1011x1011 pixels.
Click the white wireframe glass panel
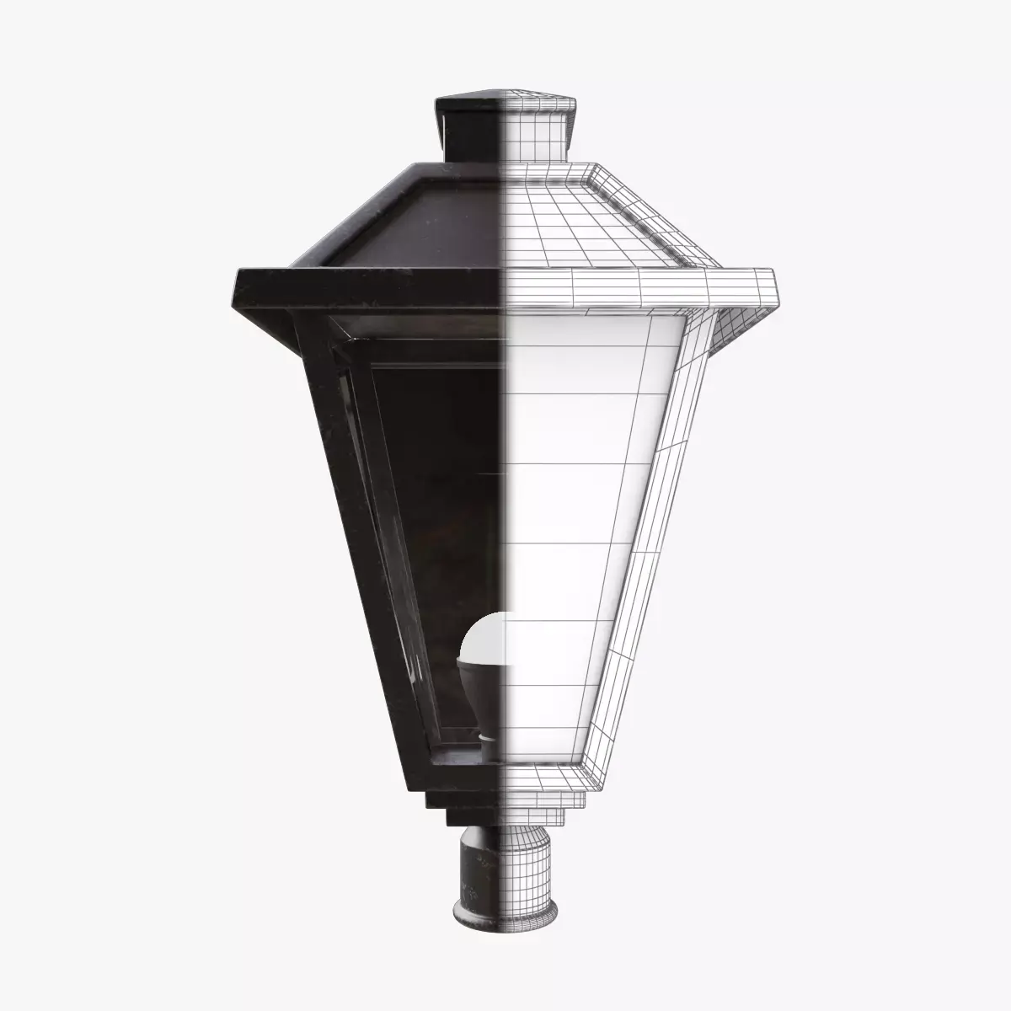pos(573,505)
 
